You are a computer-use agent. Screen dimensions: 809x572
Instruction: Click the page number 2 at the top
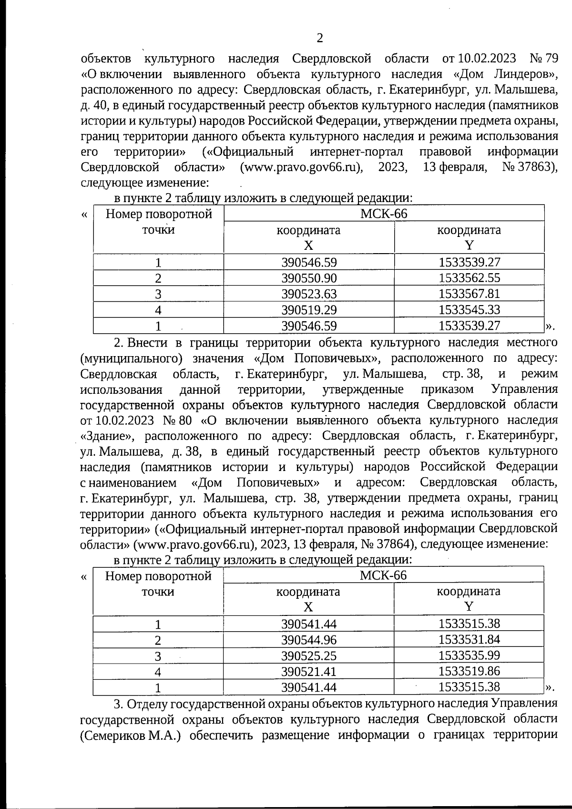(x=319, y=38)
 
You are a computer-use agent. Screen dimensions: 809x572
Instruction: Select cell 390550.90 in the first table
(x=309, y=278)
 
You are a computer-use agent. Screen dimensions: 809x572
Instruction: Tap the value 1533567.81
(x=469, y=294)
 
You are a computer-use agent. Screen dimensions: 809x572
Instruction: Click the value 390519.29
(x=309, y=310)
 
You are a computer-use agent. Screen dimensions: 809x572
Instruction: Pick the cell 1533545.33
(x=469, y=310)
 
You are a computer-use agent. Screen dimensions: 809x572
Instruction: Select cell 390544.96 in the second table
(x=309, y=640)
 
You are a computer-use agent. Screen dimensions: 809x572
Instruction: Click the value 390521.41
(x=309, y=671)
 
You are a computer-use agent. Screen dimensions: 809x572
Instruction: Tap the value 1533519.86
(x=469, y=671)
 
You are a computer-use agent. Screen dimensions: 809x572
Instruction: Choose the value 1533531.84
(x=469, y=640)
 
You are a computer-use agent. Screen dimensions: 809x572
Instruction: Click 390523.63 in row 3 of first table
(x=309, y=294)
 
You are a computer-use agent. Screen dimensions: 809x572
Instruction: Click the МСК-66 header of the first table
(x=384, y=214)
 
